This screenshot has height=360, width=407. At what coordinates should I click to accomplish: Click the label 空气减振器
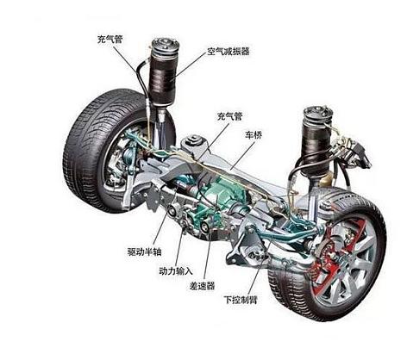[x=229, y=52]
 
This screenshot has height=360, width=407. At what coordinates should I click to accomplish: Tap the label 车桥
[x=254, y=135]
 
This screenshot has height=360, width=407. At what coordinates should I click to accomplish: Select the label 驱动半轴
[x=145, y=251]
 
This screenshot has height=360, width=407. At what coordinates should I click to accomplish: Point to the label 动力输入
[x=176, y=270]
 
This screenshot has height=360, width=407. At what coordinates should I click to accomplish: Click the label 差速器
[x=202, y=286]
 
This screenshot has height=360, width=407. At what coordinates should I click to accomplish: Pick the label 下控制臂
[x=241, y=300]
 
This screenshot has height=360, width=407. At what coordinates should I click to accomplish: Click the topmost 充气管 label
[x=110, y=39]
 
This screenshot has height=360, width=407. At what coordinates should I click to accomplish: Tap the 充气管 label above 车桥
[x=229, y=116]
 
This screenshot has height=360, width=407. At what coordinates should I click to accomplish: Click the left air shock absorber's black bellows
[x=164, y=78]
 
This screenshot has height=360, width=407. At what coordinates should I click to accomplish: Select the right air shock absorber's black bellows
[x=316, y=144]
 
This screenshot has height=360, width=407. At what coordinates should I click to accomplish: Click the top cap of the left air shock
[x=165, y=45]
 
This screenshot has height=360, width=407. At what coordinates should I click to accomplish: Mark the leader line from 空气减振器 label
[x=190, y=65]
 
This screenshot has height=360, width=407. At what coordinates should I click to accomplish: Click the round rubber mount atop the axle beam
[x=193, y=140]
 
